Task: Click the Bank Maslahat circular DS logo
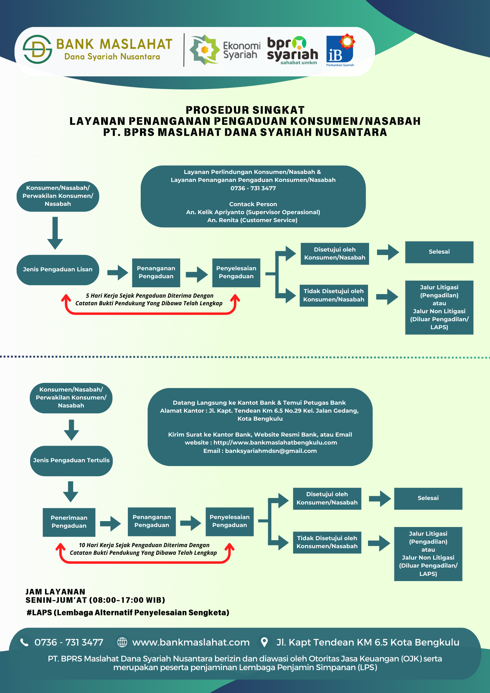[37, 49]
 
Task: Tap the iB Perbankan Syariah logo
[340, 51]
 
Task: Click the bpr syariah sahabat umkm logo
[293, 51]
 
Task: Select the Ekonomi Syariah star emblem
[204, 50]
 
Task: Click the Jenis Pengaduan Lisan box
[58, 270]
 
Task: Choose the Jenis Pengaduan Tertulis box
[71, 460]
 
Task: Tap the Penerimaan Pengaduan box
[69, 522]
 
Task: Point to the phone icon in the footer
[24, 642]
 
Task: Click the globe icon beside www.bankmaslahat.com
[122, 642]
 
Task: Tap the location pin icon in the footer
[264, 642]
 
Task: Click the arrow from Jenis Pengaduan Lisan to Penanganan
[117, 273]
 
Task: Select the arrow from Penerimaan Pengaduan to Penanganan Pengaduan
[111, 523]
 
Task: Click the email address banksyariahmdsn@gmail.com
[271, 451]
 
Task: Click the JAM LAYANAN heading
[55, 592]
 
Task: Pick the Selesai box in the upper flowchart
[439, 252]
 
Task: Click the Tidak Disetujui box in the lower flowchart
[327, 542]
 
